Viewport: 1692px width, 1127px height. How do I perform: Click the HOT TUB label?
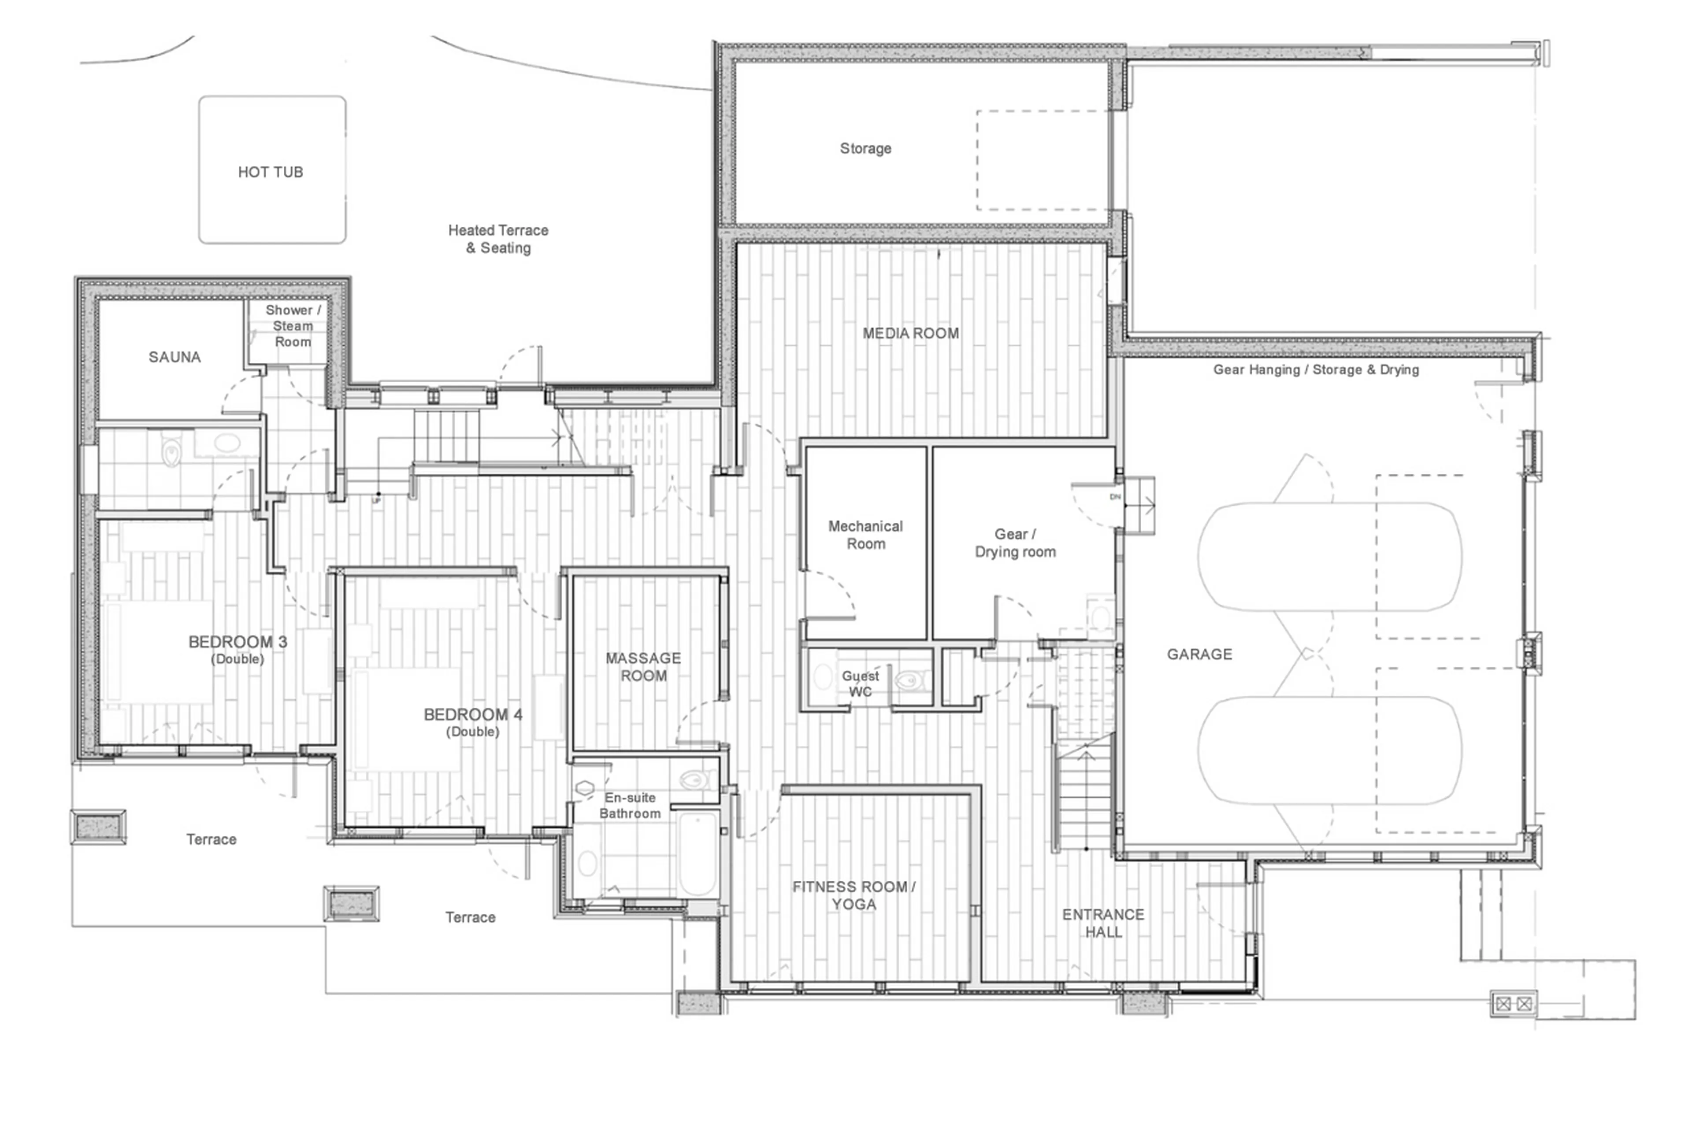[x=271, y=172]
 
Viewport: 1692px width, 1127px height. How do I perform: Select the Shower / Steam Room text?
[x=293, y=325]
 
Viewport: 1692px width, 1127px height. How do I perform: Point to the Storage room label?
[x=865, y=148]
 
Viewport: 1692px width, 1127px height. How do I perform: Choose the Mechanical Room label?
[x=865, y=535]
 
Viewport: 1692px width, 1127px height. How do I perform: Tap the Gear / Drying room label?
[x=1015, y=543]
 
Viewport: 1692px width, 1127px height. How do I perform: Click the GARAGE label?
[x=1198, y=654]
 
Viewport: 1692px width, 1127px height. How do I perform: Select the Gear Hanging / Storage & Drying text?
[x=1315, y=370]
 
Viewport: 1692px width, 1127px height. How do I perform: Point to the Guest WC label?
[x=860, y=684]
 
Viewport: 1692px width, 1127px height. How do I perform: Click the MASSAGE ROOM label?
[x=643, y=666]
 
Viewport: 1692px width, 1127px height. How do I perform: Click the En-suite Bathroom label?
[x=630, y=805]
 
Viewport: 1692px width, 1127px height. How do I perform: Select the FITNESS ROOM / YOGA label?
[x=853, y=895]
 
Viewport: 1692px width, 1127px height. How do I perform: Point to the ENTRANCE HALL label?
[x=1102, y=923]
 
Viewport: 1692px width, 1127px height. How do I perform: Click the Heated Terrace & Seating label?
[x=497, y=239]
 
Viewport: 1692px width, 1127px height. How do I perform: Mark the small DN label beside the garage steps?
[x=1115, y=497]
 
